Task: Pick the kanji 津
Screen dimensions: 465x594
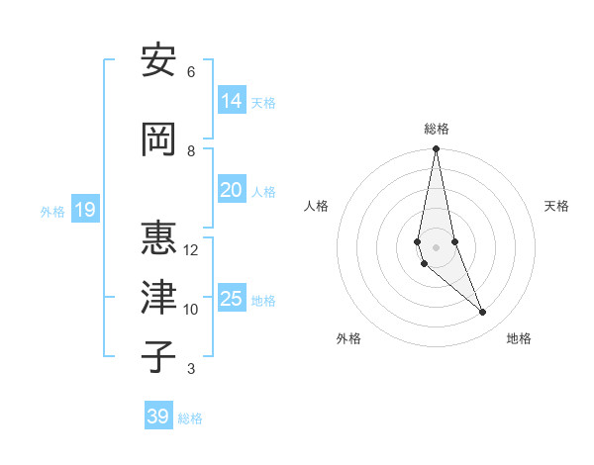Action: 158,299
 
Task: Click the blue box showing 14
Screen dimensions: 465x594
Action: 232,100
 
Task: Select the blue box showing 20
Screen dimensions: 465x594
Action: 232,189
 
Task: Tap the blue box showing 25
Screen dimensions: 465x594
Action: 232,298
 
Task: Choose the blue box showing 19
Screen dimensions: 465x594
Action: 84,209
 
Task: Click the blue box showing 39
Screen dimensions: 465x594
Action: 158,416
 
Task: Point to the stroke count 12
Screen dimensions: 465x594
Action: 191,249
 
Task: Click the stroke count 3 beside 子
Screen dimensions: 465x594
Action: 190,369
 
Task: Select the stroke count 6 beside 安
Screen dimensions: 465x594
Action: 190,71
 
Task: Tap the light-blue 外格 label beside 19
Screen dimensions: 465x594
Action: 52,211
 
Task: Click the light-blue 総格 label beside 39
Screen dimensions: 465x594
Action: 190,418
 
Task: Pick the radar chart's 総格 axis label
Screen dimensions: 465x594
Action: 437,129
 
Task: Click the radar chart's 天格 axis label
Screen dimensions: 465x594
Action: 556,206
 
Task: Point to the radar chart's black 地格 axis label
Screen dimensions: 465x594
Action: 519,338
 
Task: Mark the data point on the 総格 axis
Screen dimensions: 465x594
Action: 436,149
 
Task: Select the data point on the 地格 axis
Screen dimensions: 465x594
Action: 483,313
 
